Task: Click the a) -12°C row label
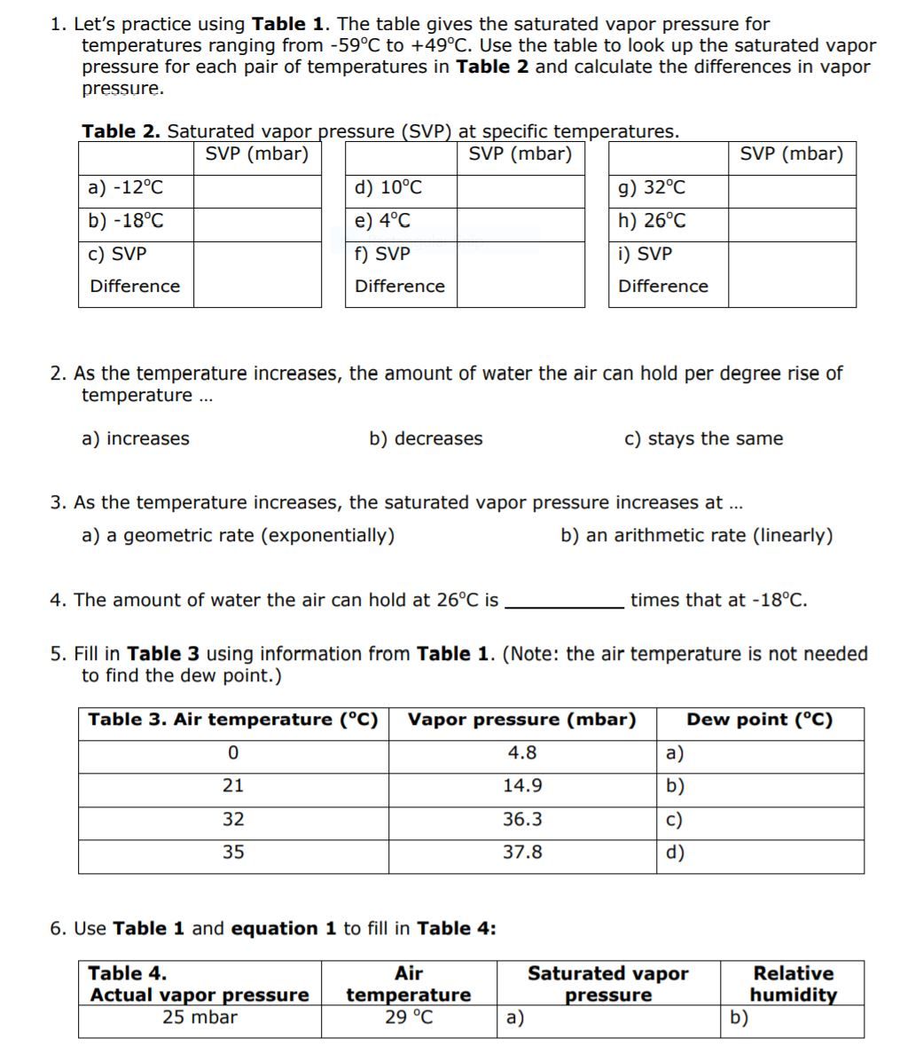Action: click(127, 188)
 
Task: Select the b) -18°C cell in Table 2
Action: click(127, 221)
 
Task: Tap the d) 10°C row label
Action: click(388, 188)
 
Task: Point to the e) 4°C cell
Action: click(383, 221)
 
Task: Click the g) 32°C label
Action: click(652, 188)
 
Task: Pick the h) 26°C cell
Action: click(652, 221)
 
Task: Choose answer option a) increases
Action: click(136, 438)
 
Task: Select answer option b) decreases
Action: click(426, 438)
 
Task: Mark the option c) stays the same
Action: click(704, 438)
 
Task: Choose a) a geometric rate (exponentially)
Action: click(239, 535)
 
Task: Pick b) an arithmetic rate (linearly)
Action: click(697, 535)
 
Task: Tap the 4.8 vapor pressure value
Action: click(522, 752)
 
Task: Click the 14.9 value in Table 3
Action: click(522, 786)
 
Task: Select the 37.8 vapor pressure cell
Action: click(522, 853)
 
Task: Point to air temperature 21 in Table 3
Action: click(233, 786)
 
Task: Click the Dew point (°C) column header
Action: click(760, 720)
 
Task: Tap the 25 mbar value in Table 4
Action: click(200, 1017)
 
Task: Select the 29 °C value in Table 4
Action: click(409, 1017)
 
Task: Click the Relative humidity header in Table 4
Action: click(794, 984)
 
